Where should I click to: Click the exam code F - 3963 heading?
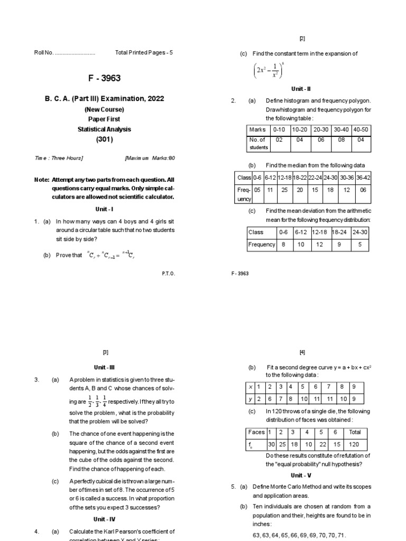(105, 78)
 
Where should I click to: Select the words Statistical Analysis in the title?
(105, 129)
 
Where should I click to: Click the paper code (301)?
(105, 139)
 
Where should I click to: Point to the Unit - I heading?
(105, 209)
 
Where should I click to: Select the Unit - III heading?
(105, 366)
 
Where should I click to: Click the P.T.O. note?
(168, 273)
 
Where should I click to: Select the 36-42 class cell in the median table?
(363, 178)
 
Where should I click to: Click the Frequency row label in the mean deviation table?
(262, 245)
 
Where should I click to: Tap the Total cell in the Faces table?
(355, 432)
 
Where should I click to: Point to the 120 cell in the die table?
(355, 444)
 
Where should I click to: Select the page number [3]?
(105, 352)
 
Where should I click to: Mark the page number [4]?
(302, 352)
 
